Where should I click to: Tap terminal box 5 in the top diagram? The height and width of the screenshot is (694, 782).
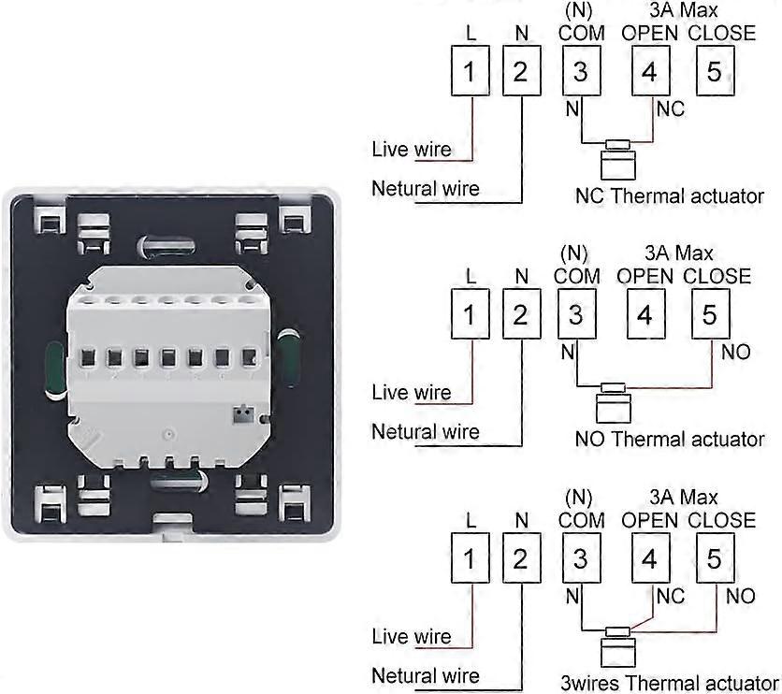pyautogui.click(x=714, y=71)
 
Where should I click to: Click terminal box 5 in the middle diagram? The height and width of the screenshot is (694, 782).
pyautogui.click(x=709, y=315)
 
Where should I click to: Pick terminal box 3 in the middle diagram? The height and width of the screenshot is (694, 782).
pyautogui.click(x=575, y=315)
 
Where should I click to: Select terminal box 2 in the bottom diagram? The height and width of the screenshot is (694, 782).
pyautogui.click(x=520, y=558)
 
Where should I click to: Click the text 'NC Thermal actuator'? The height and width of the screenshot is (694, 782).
pyautogui.click(x=669, y=196)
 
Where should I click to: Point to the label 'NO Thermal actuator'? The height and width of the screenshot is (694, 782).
pyautogui.click(x=670, y=439)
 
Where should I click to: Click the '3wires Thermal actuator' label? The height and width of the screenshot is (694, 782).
pyautogui.click(x=669, y=682)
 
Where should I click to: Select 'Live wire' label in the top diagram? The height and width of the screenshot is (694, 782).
pyautogui.click(x=412, y=149)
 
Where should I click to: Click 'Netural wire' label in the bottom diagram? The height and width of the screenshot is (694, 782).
pyautogui.click(x=425, y=675)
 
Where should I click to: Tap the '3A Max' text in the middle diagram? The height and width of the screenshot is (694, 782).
pyautogui.click(x=680, y=253)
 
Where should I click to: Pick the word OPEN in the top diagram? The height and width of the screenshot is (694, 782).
pyautogui.click(x=649, y=33)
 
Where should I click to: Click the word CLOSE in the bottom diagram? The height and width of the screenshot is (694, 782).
pyautogui.click(x=721, y=520)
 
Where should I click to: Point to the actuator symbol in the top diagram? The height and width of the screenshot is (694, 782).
pyautogui.click(x=616, y=159)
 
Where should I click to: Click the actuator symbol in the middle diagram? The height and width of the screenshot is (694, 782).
pyautogui.click(x=614, y=402)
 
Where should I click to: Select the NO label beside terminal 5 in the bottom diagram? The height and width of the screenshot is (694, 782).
pyautogui.click(x=740, y=596)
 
